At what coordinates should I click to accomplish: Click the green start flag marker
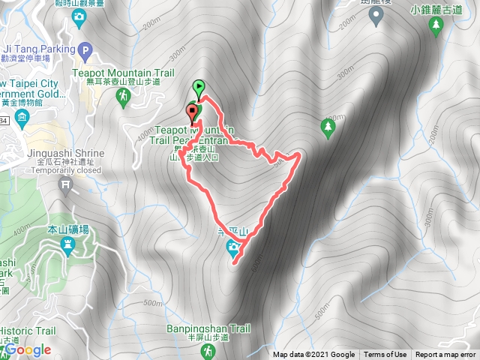[x=199, y=87]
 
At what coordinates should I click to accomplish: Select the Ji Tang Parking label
[x=35, y=49]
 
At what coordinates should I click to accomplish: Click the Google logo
[x=28, y=349]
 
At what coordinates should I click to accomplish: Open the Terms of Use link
[x=385, y=355]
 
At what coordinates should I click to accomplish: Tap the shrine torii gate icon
[x=66, y=182]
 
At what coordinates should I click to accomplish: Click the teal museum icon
[x=21, y=118]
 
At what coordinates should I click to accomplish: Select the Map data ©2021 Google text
[x=314, y=355]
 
